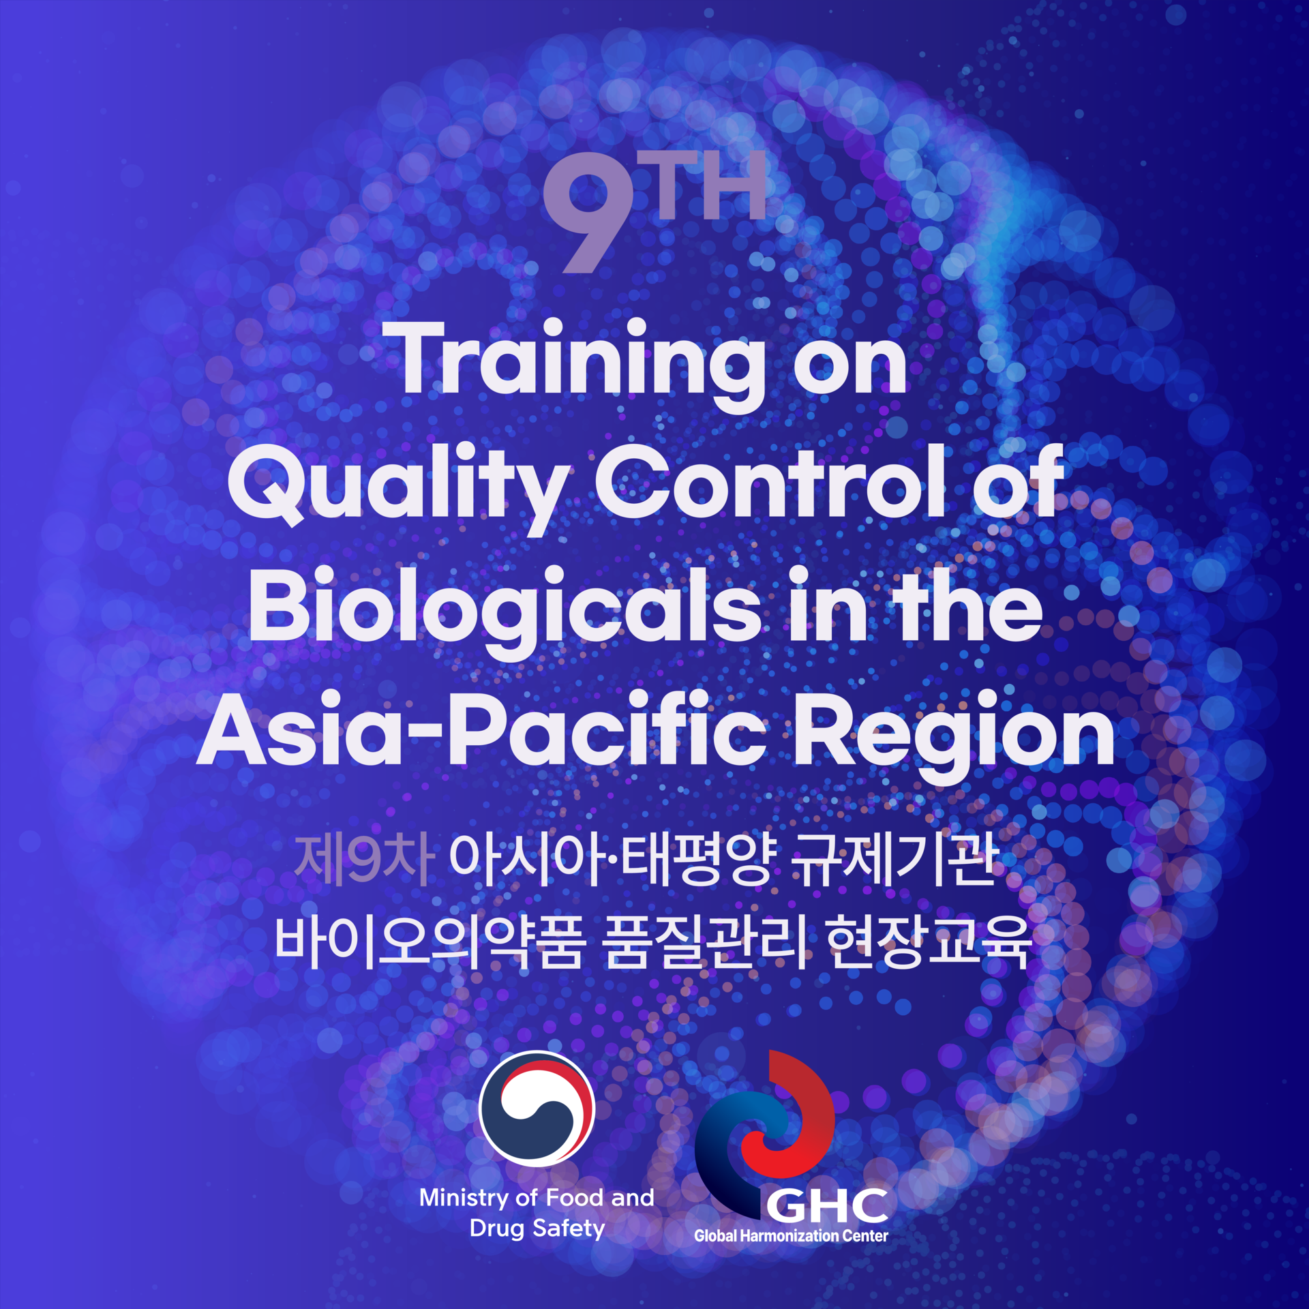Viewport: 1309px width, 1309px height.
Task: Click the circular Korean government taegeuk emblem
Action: click(x=537, y=1109)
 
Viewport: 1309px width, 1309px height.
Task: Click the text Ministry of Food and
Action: click(x=537, y=1198)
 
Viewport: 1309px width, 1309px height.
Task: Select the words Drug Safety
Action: click(x=537, y=1229)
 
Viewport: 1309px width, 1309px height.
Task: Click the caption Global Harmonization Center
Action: click(x=791, y=1235)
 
